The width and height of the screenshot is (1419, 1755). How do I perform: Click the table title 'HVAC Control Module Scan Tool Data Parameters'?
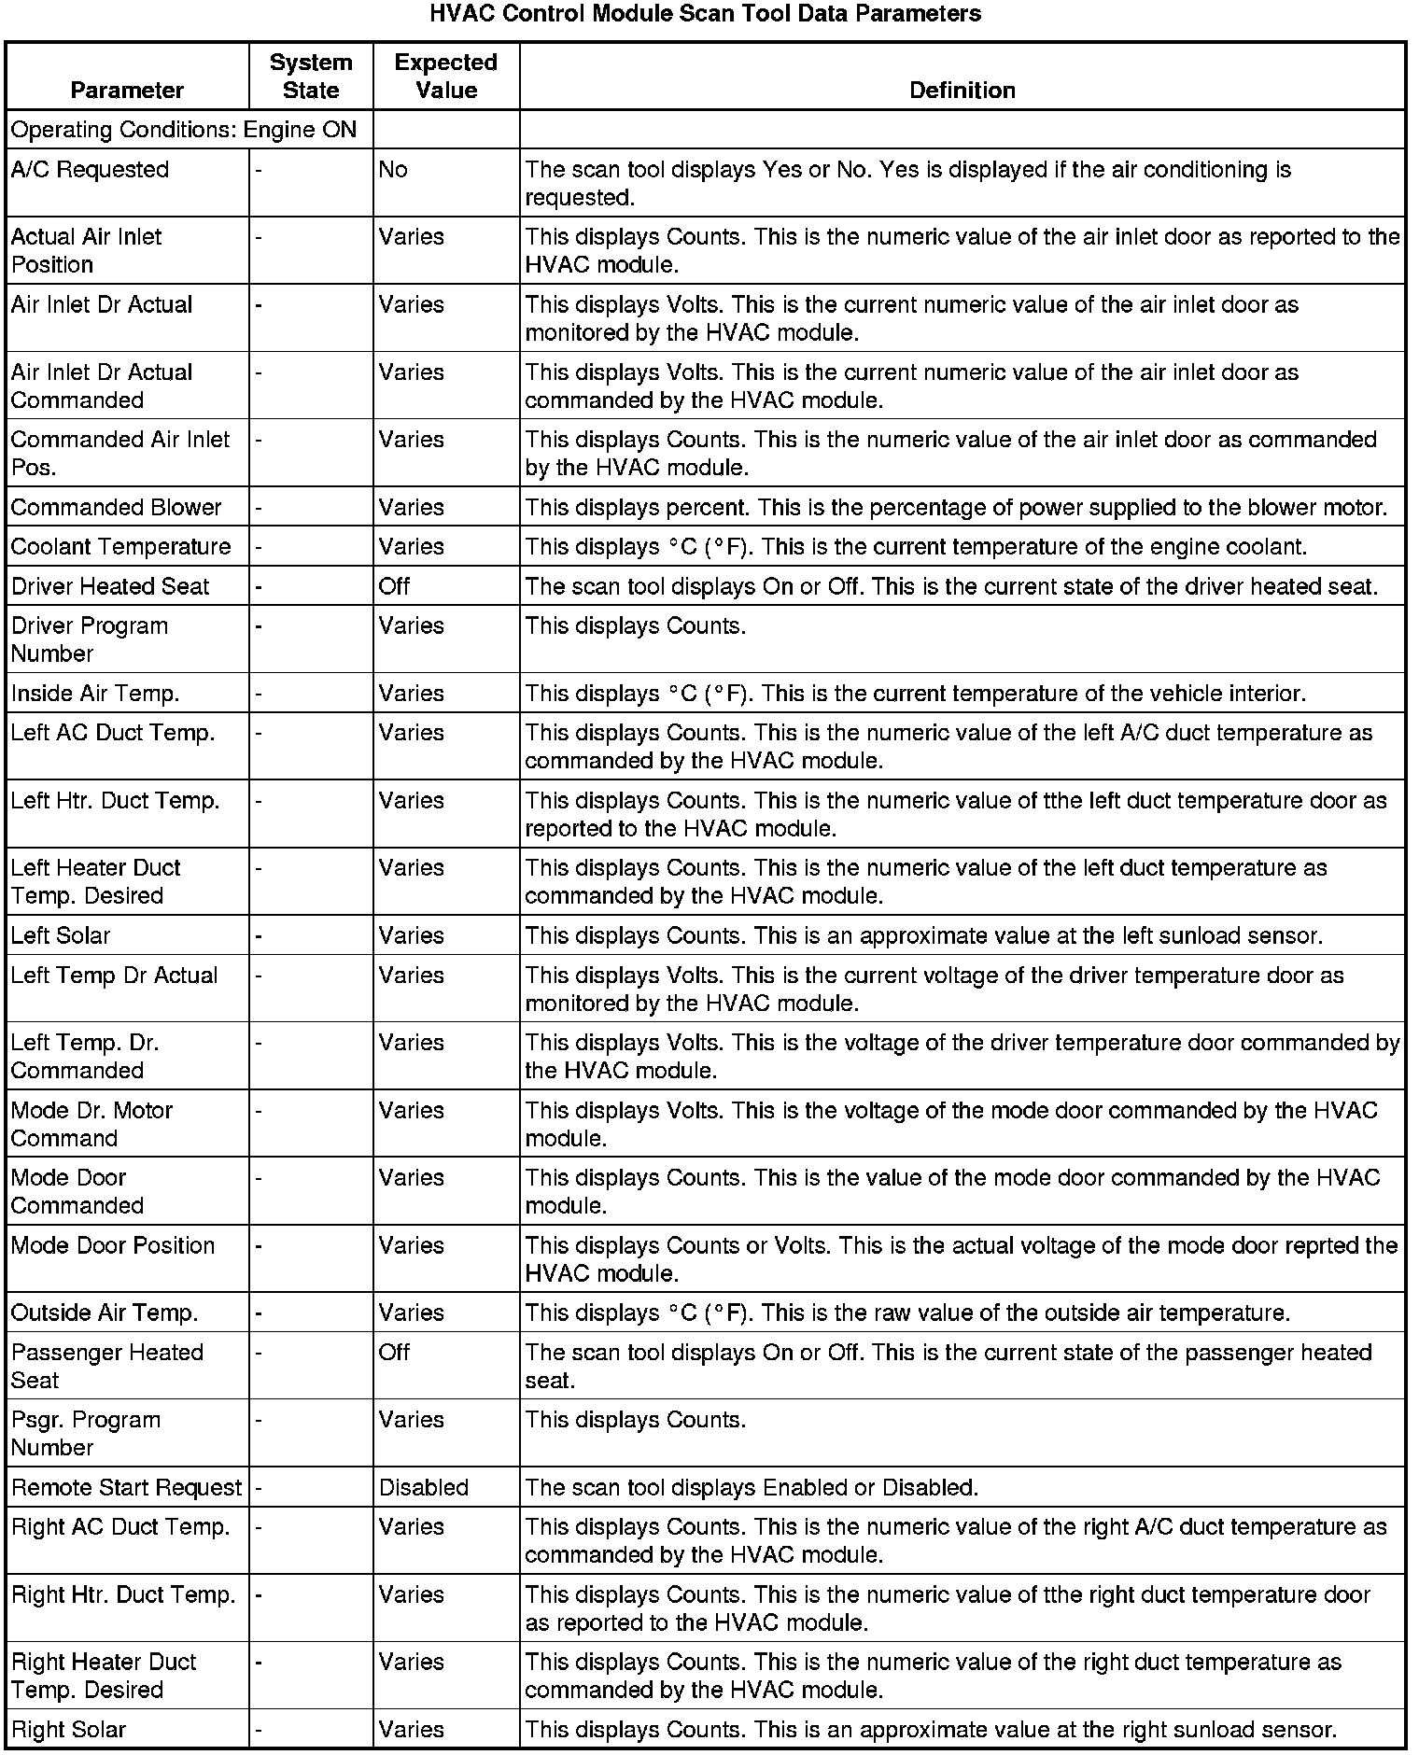(x=705, y=14)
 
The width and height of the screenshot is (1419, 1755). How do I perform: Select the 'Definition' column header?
(x=962, y=91)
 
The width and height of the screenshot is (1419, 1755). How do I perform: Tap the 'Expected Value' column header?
(x=445, y=77)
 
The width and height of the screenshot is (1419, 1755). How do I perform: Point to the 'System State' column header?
(x=311, y=77)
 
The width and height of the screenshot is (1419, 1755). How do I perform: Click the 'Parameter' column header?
(x=127, y=91)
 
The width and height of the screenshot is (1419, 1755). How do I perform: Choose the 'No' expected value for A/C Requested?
(x=393, y=170)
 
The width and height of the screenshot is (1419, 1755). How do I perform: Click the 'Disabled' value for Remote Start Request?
(x=423, y=1487)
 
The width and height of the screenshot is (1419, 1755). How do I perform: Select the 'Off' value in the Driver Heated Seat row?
(x=394, y=586)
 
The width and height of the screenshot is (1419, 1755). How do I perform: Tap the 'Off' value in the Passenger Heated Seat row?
(x=394, y=1353)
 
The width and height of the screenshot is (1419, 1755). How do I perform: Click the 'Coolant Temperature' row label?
(x=120, y=547)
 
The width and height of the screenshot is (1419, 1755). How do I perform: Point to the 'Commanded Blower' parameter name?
(x=116, y=508)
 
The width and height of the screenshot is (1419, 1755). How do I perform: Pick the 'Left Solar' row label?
(x=61, y=935)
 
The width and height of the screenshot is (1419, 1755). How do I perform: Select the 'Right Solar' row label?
(x=68, y=1730)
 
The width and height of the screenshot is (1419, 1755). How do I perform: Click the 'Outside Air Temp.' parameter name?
(x=105, y=1313)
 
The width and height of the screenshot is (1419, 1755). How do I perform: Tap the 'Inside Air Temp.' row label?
(x=95, y=694)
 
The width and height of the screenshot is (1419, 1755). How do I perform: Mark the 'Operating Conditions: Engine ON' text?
(x=184, y=130)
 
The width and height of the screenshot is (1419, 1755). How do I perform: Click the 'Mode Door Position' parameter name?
(x=113, y=1245)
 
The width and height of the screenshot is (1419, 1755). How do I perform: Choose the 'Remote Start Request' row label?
(x=126, y=1487)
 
